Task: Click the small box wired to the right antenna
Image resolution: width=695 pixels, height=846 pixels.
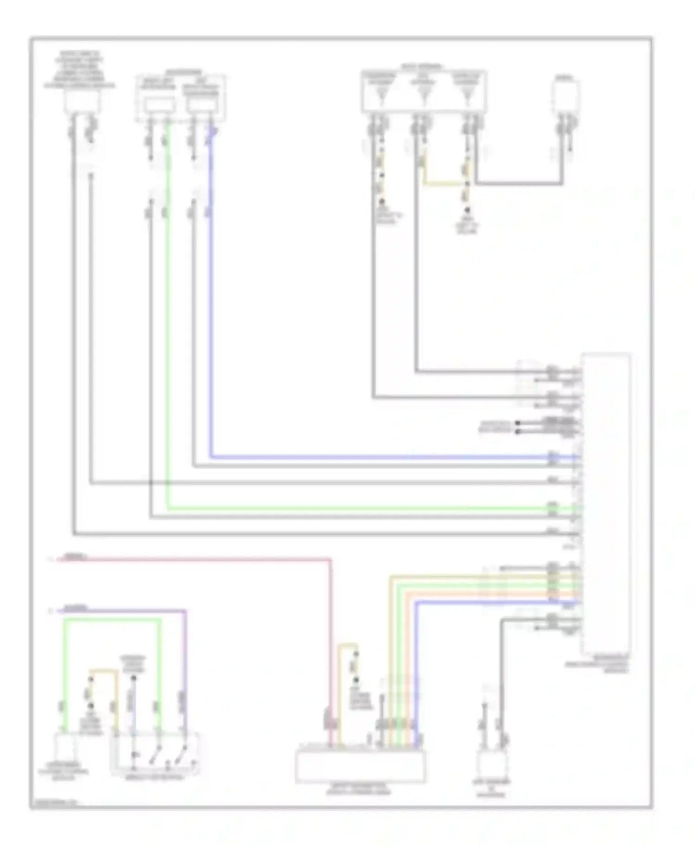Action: pyautogui.click(x=566, y=97)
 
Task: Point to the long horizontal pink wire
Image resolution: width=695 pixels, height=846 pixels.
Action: pyautogui.click(x=195, y=560)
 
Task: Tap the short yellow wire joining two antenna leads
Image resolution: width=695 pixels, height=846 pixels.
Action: pyautogui.click(x=445, y=184)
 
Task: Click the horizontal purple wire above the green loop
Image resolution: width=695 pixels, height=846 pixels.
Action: pyautogui.click(x=120, y=611)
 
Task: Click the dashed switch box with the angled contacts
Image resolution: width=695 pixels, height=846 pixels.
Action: pyautogui.click(x=155, y=753)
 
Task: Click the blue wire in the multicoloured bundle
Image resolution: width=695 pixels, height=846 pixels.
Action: pyautogui.click(x=463, y=602)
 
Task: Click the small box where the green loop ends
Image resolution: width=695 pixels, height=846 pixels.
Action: pyautogui.click(x=65, y=747)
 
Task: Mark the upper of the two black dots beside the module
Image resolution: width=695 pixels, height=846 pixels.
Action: pyautogui.click(x=518, y=423)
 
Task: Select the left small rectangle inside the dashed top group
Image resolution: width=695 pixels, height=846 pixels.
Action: pyautogui.click(x=159, y=106)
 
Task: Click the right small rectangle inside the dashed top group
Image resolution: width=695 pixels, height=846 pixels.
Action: pyautogui.click(x=202, y=106)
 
